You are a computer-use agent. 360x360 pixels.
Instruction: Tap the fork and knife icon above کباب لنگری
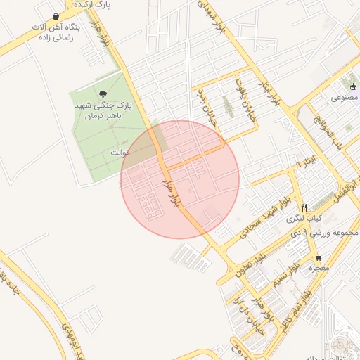[x=304, y=207]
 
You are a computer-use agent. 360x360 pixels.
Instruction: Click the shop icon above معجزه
[x=319, y=257]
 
